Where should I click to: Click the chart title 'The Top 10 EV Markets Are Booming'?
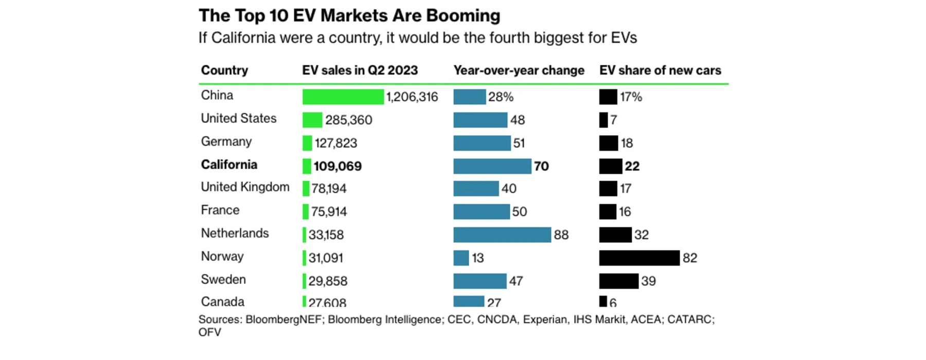tap(349, 15)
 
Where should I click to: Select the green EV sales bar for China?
tap(343, 97)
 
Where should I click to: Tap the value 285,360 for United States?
tap(348, 120)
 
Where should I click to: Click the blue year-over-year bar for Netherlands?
tap(502, 235)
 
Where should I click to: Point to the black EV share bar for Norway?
tap(639, 258)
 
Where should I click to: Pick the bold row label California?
tap(229, 165)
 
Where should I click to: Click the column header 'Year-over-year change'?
tap(519, 70)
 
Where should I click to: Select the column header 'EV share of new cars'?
tap(660, 70)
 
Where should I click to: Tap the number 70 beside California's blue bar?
tap(541, 166)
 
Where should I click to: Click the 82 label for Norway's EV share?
tap(690, 258)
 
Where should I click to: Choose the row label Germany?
tap(226, 141)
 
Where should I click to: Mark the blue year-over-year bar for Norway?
tap(461, 258)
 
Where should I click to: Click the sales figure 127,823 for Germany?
tap(336, 143)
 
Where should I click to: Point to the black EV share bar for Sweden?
tap(618, 281)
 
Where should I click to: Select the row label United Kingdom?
tap(245, 187)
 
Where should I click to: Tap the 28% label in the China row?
tap(501, 97)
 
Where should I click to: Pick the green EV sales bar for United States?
tap(312, 120)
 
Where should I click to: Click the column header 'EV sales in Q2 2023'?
tap(360, 70)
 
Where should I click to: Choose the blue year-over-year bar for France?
tap(481, 211)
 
